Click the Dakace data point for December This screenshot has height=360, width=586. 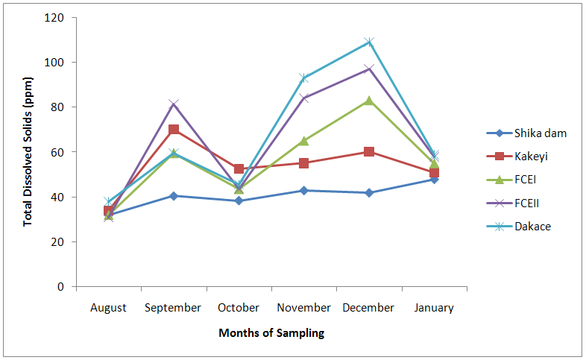coord(369,42)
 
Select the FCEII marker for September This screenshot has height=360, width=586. coord(174,104)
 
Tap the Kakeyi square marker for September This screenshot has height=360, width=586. coord(174,130)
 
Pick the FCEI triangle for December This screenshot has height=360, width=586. coord(369,101)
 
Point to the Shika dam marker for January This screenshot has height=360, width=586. coord(434,179)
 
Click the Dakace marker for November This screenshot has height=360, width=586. coord(303,78)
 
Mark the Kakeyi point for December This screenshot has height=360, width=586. coord(369,151)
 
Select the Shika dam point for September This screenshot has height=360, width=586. coord(174,195)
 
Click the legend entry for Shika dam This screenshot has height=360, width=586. coord(541,133)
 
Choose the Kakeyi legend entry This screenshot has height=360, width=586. coord(532,157)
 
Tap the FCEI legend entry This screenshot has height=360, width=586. coord(526,180)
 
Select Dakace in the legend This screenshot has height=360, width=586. coord(532,226)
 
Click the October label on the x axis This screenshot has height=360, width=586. coord(239,307)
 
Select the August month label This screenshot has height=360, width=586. coord(109,307)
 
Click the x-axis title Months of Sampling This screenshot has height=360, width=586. coord(271,333)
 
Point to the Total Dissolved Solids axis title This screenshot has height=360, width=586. coord(28,152)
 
